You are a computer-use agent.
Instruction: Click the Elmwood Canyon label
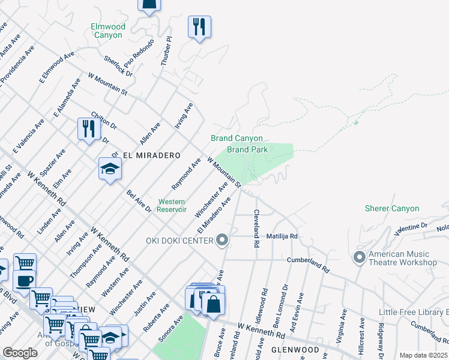108,31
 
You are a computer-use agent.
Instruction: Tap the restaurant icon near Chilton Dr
89,129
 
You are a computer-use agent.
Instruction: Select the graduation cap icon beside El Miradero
110,169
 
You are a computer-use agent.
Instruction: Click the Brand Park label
246,149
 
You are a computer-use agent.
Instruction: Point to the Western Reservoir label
171,205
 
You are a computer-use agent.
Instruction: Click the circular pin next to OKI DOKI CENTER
223,241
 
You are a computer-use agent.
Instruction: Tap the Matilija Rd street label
282,236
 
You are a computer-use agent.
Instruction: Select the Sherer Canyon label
392,208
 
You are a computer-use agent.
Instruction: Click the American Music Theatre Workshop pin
360,257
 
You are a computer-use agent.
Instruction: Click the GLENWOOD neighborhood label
295,350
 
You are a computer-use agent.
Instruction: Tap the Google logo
20,353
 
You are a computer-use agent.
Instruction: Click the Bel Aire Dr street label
139,202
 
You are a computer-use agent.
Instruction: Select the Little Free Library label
414,312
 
